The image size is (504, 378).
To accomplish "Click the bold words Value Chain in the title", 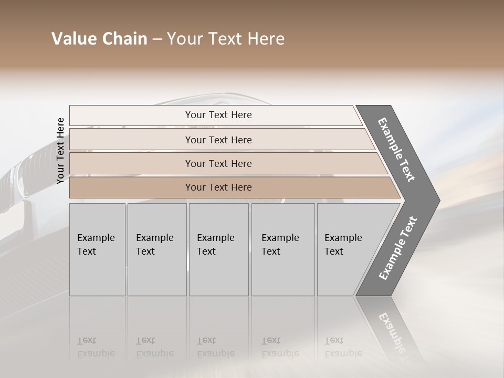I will click(99, 39).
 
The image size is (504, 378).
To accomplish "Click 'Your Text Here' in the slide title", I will click(226, 39).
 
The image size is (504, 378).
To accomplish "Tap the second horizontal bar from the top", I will click(218, 140).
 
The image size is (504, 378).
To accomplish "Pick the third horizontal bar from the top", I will click(218, 163).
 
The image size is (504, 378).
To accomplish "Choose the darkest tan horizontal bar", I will click(218, 187).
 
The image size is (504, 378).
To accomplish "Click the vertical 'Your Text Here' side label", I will click(60, 151).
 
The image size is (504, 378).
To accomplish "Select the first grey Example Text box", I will click(97, 249).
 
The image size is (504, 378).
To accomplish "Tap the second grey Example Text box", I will click(157, 249).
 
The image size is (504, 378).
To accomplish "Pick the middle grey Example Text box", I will click(218, 249).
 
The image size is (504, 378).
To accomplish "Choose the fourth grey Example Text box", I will click(283, 249).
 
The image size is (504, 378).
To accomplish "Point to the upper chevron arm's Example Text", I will click(396, 149).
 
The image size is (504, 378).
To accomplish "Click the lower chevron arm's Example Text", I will click(397, 248).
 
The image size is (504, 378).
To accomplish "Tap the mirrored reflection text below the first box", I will click(96, 347).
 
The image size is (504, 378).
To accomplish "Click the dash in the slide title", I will click(157, 39).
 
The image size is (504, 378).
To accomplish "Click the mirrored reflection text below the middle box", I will click(215, 347).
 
